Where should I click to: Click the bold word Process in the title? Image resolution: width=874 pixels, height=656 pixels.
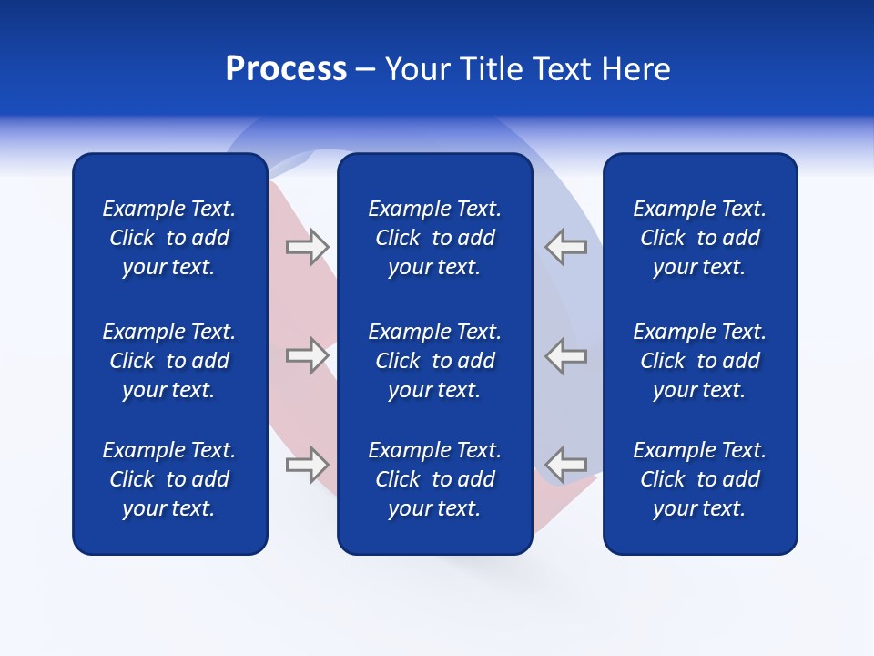pyautogui.click(x=286, y=69)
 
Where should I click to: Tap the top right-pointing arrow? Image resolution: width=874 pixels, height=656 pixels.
pyautogui.click(x=307, y=247)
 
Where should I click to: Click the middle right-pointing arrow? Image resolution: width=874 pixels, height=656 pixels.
pyautogui.click(x=307, y=355)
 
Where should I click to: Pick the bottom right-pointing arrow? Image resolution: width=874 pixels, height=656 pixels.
pyautogui.click(x=307, y=465)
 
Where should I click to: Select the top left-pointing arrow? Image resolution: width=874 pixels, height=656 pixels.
pyautogui.click(x=566, y=247)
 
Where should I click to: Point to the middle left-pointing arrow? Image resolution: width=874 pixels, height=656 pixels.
pyautogui.click(x=566, y=355)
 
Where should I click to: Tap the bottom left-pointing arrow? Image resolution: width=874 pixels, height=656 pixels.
pyautogui.click(x=566, y=465)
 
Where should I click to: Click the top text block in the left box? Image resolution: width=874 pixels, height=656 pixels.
pyautogui.click(x=169, y=238)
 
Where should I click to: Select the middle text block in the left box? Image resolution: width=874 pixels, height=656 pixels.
pyautogui.click(x=169, y=361)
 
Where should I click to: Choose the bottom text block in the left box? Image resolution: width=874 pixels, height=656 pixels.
pyautogui.click(x=169, y=479)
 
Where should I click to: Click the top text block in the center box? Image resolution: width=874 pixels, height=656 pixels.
pyautogui.click(x=434, y=238)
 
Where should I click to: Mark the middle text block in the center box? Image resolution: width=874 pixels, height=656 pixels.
pyautogui.click(x=434, y=361)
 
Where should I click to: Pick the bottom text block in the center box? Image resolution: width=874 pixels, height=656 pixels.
pyautogui.click(x=434, y=479)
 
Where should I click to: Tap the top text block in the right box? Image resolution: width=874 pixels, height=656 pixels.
pyautogui.click(x=699, y=238)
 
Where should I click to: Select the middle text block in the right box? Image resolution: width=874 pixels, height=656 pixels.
pyautogui.click(x=699, y=361)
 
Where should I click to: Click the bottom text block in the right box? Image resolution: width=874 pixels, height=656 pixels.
pyautogui.click(x=699, y=479)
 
